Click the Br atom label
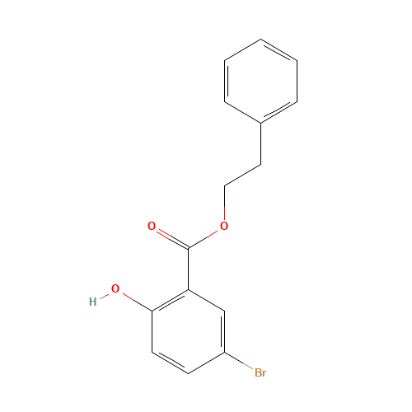point(260,373)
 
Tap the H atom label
point(92,302)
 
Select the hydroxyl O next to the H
point(115,289)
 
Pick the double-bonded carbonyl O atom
point(152,226)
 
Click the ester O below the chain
point(224,226)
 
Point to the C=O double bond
point(170,237)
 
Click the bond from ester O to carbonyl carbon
point(206,237)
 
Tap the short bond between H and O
point(104,296)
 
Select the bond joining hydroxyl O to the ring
point(133,301)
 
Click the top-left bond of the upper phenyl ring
point(243,49)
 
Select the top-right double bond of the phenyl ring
point(279,49)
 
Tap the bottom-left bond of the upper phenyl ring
point(243,113)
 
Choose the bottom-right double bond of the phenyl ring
point(279,113)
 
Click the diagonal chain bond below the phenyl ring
point(243,176)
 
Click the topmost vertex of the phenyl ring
point(261,39)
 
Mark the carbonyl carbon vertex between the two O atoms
point(189,248)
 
